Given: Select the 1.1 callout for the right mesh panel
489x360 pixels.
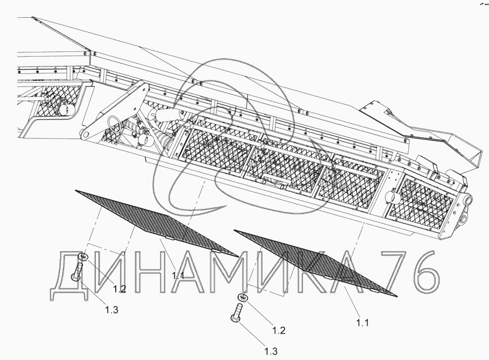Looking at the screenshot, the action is coord(363,323).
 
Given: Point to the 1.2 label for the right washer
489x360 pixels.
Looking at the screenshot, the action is coord(279,331).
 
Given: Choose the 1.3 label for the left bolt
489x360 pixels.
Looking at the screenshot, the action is coord(112,310).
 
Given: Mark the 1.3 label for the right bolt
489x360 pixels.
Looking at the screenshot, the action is coord(270,351).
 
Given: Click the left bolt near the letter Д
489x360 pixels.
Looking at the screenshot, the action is coord(77,272).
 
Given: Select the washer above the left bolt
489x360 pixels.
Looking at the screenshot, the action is coord(82,257).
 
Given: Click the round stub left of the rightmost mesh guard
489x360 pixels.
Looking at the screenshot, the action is coord(392,197).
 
